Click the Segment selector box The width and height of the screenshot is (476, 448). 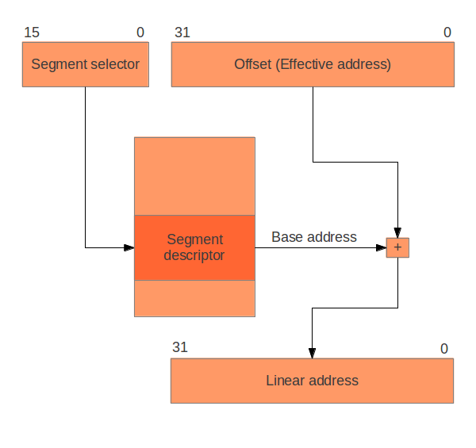coord(85,64)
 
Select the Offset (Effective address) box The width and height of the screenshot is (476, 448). coord(313,64)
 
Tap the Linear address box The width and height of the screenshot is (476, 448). coord(312,381)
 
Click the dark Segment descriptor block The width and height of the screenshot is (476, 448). coord(194,247)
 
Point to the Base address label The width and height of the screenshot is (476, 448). coord(314,236)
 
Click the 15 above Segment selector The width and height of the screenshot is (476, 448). coord(32,33)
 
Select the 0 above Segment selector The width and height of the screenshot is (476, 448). coord(140,33)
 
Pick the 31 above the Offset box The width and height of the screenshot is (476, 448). coord(182,33)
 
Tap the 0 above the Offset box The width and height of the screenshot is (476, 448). coord(447,33)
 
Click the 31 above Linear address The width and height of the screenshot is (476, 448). coord(180,347)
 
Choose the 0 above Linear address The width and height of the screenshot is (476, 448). coord(444,348)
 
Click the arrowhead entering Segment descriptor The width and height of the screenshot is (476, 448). coord(129,247)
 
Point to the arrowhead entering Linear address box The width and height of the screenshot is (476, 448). coord(312,354)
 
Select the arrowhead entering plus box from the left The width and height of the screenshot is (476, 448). coord(382,247)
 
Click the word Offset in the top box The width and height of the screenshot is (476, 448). coord(253,64)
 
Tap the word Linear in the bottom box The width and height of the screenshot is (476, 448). coord(285,381)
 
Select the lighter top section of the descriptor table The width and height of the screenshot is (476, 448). coord(194,176)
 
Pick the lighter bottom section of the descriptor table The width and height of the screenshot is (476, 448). coord(194,298)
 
